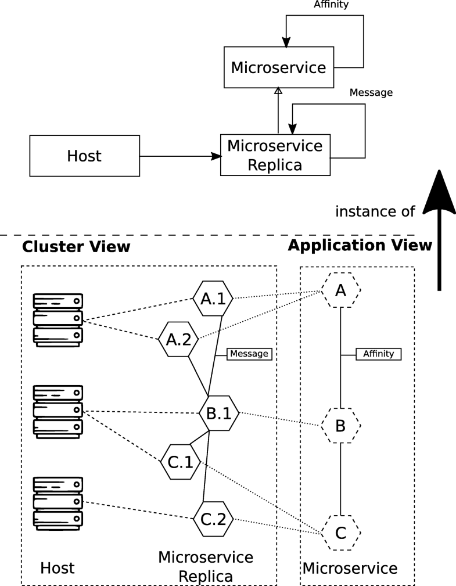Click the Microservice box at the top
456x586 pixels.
(x=278, y=67)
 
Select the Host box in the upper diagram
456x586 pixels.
(x=84, y=156)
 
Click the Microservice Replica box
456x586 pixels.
(x=275, y=154)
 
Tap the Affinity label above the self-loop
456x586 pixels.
(x=331, y=5)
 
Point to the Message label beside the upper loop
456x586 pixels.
(x=371, y=92)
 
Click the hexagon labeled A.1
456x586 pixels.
(x=213, y=299)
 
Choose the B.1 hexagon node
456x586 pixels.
(x=218, y=413)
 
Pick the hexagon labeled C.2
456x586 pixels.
(x=213, y=518)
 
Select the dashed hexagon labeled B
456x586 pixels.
(x=341, y=426)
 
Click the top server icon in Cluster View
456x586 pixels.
(x=58, y=319)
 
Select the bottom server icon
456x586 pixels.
(x=58, y=501)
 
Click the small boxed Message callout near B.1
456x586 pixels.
(x=249, y=353)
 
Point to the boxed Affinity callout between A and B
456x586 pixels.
(x=378, y=353)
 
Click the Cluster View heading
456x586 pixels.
(x=76, y=247)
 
